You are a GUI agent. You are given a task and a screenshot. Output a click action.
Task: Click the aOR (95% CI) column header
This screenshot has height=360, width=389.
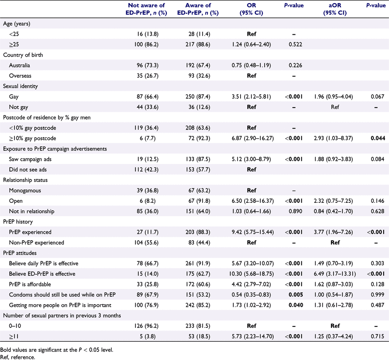pyautogui.click(x=334, y=9)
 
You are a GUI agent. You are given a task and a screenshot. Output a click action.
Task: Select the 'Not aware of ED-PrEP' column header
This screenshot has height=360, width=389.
pyautogui.click(x=146, y=9)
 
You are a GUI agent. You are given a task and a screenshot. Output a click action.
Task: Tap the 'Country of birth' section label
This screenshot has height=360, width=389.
pyautogui.click(x=23, y=55)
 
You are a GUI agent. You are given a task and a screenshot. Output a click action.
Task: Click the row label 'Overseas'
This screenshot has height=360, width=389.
pyautogui.click(x=20, y=76)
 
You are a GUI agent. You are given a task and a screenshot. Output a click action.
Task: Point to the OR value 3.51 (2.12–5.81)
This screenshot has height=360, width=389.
pyautogui.click(x=251, y=96)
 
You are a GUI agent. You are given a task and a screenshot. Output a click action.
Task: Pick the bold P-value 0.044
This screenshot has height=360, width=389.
pyautogui.click(x=378, y=138)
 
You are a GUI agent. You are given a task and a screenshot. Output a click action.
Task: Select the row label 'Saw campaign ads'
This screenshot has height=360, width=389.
pyautogui.click(x=30, y=159)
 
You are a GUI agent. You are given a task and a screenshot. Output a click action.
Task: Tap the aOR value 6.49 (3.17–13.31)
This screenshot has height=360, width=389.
pyautogui.click(x=334, y=274)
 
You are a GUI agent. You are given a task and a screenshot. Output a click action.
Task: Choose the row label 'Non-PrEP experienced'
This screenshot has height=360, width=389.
pyautogui.click(x=37, y=243)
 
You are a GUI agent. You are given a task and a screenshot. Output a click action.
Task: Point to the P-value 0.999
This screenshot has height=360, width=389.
pyautogui.click(x=377, y=295)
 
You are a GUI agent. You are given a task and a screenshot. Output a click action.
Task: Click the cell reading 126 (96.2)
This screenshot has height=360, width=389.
pyautogui.click(x=146, y=326)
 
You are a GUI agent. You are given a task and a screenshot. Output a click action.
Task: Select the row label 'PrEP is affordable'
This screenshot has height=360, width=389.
pyautogui.click(x=30, y=284)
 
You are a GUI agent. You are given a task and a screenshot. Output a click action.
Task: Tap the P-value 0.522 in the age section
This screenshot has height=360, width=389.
pyautogui.click(x=296, y=45)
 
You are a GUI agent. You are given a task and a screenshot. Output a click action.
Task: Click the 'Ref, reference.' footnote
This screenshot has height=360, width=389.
pyautogui.click(x=17, y=357)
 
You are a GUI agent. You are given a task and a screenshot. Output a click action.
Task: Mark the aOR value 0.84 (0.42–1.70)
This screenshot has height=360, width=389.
pyautogui.click(x=333, y=211)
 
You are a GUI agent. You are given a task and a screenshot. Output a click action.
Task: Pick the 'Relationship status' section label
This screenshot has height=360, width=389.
pyautogui.click(x=25, y=180)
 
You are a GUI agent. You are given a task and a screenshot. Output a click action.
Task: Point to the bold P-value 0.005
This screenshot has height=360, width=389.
pyautogui.click(x=296, y=295)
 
